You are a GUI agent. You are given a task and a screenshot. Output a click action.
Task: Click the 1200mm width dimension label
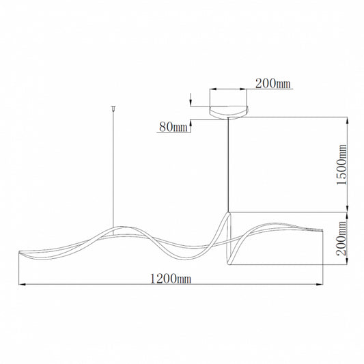pos(171,279)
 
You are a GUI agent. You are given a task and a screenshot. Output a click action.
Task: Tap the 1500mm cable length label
pos(341,165)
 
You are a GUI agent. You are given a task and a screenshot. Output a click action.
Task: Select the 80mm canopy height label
pos(173,127)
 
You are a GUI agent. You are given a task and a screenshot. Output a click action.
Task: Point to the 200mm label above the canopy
pos(272,83)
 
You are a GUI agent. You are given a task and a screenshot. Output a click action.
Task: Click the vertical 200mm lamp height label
pos(341,238)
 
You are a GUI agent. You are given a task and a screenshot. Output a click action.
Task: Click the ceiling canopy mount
pos(229,113)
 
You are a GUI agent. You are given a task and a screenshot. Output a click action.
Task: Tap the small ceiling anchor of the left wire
pos(113,108)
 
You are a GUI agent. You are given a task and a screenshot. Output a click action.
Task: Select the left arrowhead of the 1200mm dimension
pos(22,284)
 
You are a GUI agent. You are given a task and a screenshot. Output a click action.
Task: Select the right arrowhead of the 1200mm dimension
pos(320,284)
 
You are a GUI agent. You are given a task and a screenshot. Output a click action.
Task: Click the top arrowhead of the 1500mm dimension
pos(347,120)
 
